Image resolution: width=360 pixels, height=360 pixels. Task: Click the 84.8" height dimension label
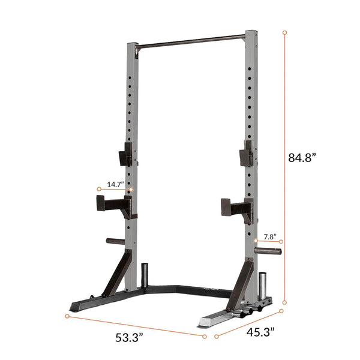click(x=302, y=158)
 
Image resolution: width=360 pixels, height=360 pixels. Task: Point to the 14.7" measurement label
click(x=115, y=184)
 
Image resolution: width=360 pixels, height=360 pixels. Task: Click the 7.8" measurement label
click(x=269, y=236)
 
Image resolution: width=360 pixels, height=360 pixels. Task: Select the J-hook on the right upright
click(x=246, y=154)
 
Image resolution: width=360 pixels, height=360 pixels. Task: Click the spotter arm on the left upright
click(x=112, y=206)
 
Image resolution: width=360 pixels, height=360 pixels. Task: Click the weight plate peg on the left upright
click(x=115, y=242)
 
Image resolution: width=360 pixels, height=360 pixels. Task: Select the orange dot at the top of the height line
click(x=284, y=31)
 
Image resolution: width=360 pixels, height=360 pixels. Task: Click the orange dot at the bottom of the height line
click(x=284, y=302)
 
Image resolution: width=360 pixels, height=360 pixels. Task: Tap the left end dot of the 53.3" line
click(x=67, y=315)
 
